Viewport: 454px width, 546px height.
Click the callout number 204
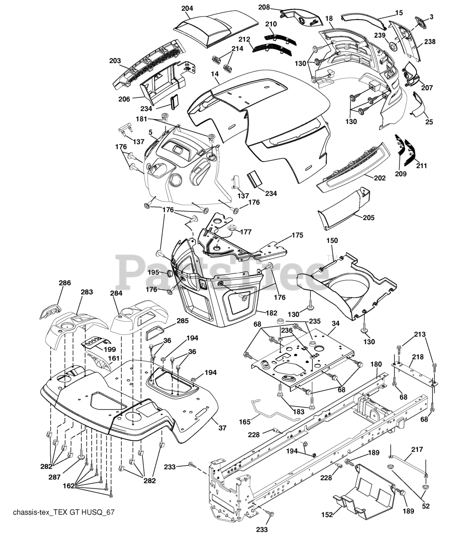point(187,9)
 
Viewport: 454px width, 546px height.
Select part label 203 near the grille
point(115,61)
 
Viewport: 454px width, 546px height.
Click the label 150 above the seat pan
point(332,241)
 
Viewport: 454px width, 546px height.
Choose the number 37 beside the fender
point(222,428)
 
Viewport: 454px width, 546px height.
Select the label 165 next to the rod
point(245,422)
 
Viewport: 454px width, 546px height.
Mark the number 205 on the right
point(368,218)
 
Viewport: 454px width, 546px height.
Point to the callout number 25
point(429,122)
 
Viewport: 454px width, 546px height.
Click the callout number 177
point(246,232)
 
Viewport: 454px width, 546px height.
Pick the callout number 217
point(417,449)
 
